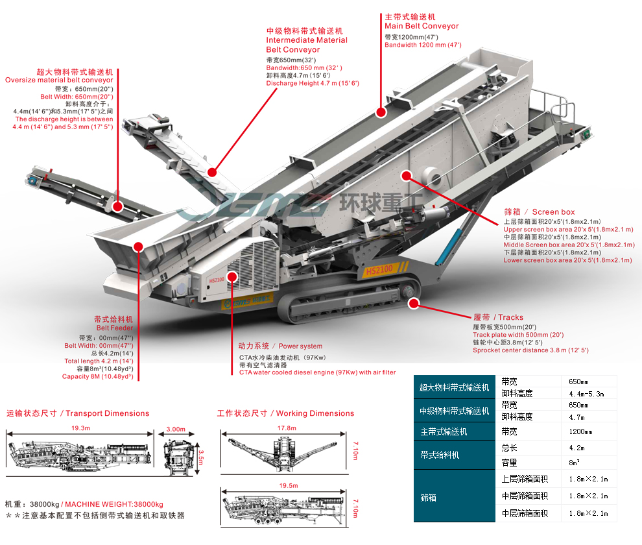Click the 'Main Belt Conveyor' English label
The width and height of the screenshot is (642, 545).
(x=422, y=26)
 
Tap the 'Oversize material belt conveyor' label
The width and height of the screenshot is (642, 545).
(x=59, y=80)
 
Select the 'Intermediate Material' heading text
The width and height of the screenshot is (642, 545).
(x=307, y=40)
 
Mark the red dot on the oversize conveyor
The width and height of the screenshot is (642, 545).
(x=118, y=206)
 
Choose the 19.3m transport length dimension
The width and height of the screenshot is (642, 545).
(x=80, y=429)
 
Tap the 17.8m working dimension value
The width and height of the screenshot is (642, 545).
(x=287, y=429)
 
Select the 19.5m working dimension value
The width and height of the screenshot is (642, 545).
(x=288, y=485)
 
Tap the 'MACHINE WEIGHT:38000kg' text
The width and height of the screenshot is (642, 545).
(x=114, y=504)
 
